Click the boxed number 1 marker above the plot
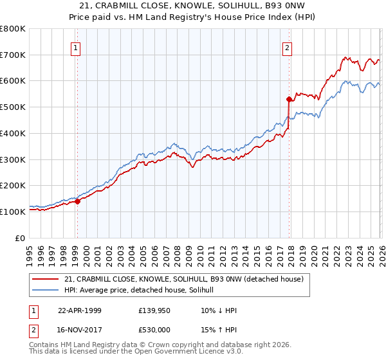pyautogui.click(x=77, y=47)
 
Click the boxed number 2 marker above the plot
pyautogui.click(x=287, y=47)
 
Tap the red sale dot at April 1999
pyautogui.click(x=78, y=201)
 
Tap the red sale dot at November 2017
pyautogui.click(x=289, y=99)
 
